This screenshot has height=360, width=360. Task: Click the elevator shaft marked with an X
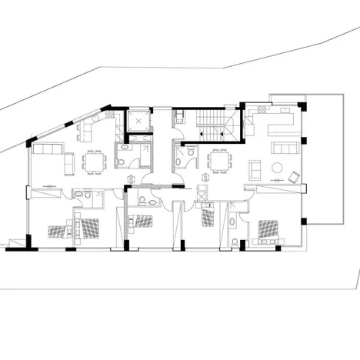click(139, 122)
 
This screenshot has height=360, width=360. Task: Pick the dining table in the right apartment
click(221, 161)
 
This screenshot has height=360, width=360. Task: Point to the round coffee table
click(276, 167)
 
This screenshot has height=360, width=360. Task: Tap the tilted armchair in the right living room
click(294, 178)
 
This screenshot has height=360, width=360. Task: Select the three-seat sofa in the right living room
click(285, 147)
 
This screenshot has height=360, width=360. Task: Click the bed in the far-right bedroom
click(269, 228)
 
